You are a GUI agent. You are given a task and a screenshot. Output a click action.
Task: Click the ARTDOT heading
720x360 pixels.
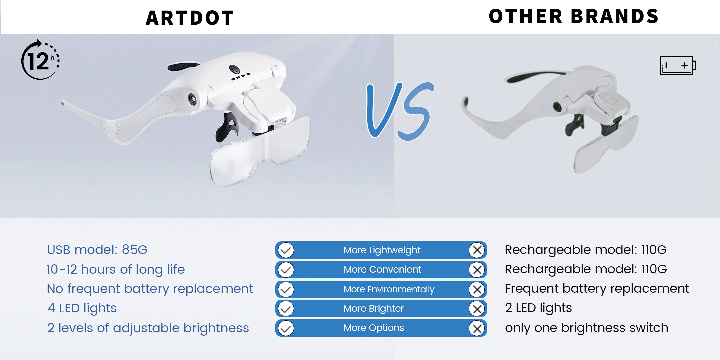click(190, 18)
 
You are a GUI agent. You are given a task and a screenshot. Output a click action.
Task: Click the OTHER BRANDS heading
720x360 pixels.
click(574, 16)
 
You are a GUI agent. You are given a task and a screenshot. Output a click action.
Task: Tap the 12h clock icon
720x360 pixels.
click(41, 60)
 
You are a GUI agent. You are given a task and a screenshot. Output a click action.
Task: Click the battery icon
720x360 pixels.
click(678, 65)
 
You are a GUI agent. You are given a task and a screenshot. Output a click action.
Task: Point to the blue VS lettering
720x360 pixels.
click(400, 111)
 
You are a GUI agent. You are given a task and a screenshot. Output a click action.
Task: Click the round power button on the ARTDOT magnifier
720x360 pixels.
click(235, 69)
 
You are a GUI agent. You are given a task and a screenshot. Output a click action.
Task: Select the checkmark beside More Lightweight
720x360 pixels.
click(286, 250)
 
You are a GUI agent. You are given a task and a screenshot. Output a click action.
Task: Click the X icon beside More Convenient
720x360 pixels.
click(477, 270)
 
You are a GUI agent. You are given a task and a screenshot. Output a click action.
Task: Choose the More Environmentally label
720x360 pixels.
click(389, 289)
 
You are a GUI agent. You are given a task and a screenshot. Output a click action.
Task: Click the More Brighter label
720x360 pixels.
click(374, 309)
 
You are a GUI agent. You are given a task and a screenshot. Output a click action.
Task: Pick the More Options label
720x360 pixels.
click(374, 328)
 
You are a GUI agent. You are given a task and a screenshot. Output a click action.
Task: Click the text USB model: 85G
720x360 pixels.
click(97, 250)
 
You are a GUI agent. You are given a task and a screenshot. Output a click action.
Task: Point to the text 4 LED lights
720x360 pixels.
click(82, 308)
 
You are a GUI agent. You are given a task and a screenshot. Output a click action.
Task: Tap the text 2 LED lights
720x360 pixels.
click(538, 308)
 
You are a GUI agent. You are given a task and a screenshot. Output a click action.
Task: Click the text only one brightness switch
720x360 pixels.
click(586, 328)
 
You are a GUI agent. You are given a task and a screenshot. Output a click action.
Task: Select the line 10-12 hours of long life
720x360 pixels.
click(116, 269)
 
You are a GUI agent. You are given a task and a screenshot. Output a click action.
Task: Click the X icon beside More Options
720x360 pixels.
click(477, 329)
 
